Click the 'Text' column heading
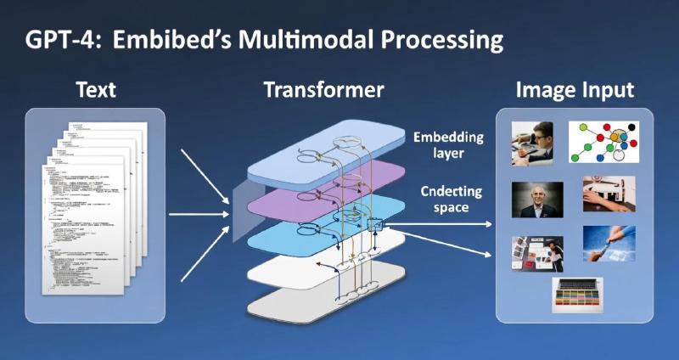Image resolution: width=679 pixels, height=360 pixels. [x=95, y=89]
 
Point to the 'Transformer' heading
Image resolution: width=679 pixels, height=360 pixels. [x=323, y=89]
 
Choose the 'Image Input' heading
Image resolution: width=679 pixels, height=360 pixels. [x=575, y=89]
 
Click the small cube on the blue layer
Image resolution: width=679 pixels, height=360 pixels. [x=375, y=225]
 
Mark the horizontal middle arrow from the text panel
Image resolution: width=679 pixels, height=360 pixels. [x=199, y=213]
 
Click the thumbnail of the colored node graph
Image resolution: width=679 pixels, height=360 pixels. [x=603, y=142]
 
